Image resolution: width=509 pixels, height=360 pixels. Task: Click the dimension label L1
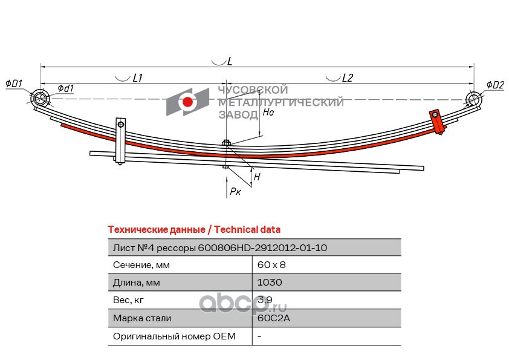click(137, 77)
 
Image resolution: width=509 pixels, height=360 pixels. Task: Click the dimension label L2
click(347, 77)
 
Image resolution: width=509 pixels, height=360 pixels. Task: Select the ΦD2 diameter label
click(494, 85)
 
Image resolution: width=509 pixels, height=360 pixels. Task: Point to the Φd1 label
click(66, 88)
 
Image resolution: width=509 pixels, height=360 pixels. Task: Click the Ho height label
click(268, 112)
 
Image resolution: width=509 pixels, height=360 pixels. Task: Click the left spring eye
click(41, 98)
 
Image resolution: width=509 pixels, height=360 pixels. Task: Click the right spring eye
click(473, 99)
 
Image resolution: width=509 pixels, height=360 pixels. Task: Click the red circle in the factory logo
click(188, 102)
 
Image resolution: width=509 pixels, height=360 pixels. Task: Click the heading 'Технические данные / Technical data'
click(193, 230)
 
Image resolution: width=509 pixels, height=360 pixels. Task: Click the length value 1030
click(270, 282)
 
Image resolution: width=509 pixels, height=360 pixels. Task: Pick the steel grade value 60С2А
click(271, 318)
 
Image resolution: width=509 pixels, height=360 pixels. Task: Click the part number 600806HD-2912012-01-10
click(264, 247)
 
